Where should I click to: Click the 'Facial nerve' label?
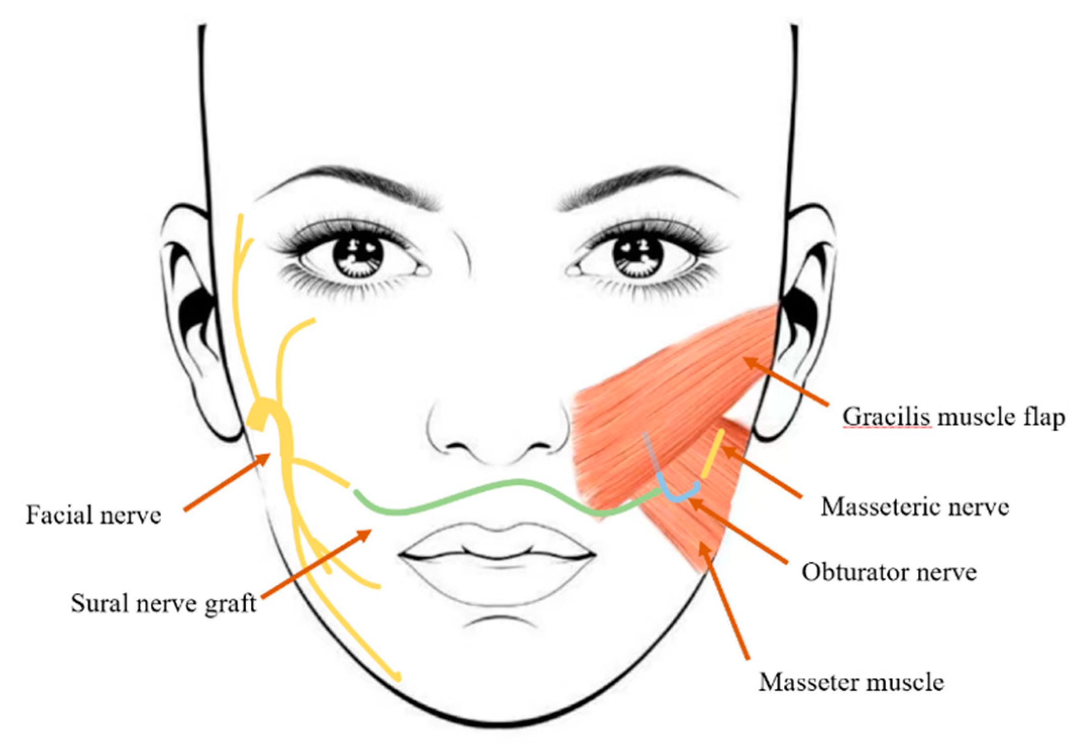93,515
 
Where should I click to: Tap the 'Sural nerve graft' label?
164,603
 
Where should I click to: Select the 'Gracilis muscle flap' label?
953,417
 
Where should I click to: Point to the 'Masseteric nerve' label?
914,506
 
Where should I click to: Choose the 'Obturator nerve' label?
889,572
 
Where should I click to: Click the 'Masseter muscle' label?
851,682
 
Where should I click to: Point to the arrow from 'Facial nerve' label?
227,482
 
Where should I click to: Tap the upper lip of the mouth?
497,542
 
